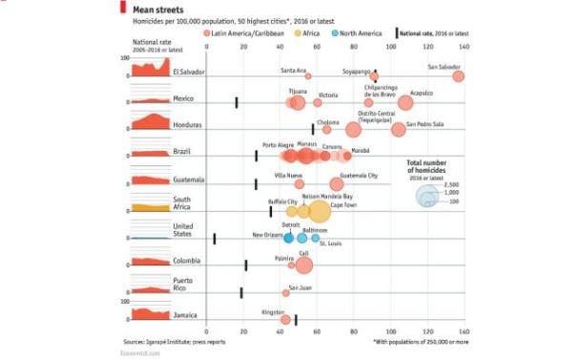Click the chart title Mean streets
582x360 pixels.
(x=156, y=9)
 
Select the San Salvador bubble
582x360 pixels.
(x=458, y=76)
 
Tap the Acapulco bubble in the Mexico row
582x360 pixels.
(x=405, y=103)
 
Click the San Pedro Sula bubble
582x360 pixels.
(x=399, y=130)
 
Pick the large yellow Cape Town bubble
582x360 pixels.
(x=319, y=211)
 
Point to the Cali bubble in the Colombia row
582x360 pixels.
(x=303, y=265)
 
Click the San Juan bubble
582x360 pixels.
(x=285, y=292)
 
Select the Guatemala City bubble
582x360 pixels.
(x=336, y=184)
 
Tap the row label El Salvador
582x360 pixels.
(x=188, y=72)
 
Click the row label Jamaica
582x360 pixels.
(x=185, y=314)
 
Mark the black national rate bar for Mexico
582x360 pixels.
(x=237, y=102)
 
